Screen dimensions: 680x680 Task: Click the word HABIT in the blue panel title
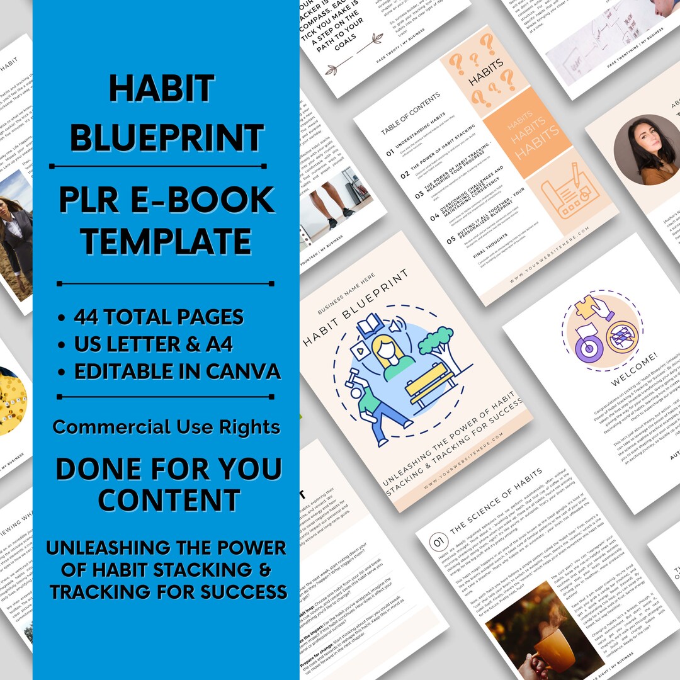coord(162,89)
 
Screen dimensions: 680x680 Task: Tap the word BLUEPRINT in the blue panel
coord(166,138)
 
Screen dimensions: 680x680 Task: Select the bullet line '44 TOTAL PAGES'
coord(158,317)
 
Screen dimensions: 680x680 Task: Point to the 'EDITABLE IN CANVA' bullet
coord(177,371)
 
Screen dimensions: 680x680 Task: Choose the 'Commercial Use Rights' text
coord(166,427)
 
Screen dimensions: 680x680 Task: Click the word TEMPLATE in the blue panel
coord(166,241)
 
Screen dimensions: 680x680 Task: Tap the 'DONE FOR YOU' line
coord(166,468)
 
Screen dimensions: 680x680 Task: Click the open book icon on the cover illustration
coord(370,325)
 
